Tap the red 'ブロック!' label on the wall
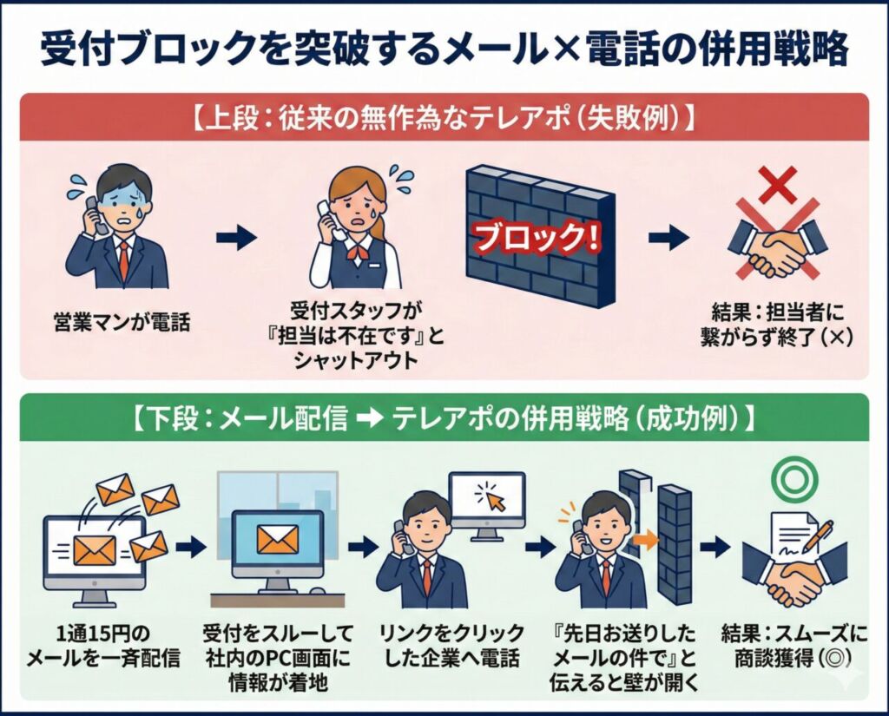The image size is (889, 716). pyautogui.click(x=536, y=236)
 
